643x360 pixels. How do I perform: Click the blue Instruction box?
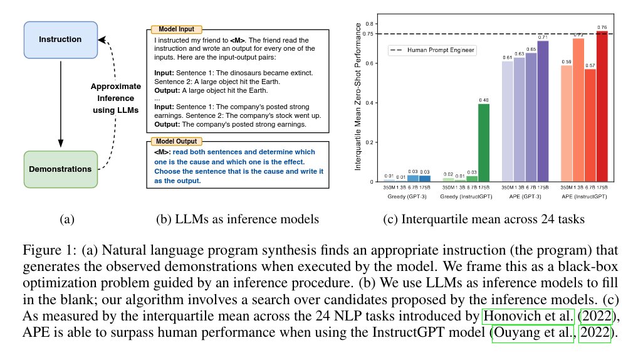click(60, 40)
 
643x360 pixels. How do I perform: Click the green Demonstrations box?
click(60, 169)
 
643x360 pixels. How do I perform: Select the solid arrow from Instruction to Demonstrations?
click(61, 103)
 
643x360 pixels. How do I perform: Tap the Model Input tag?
click(176, 29)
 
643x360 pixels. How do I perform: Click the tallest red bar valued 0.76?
click(602, 107)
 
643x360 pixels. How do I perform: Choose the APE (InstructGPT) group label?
click(584, 196)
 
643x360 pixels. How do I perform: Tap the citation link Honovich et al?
click(528, 315)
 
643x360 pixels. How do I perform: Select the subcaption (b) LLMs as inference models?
click(238, 220)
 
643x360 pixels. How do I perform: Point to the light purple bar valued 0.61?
click(507, 122)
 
